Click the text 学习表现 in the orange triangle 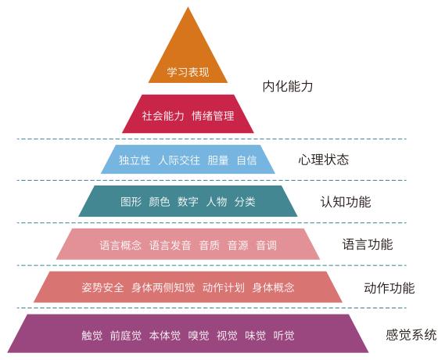tap(188, 72)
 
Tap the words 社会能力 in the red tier tap(163, 116)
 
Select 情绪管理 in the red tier tap(214, 116)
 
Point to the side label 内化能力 tap(288, 86)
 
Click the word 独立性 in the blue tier tap(135, 160)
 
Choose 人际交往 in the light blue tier tap(179, 160)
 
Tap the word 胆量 tap(218, 160)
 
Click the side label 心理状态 tap(324, 160)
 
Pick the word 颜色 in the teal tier tap(160, 202)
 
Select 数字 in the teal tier tap(188, 202)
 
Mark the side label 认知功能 tap(346, 202)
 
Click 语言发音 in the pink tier tap(170, 245)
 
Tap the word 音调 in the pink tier tap(266, 245)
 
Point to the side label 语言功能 tap(368, 244)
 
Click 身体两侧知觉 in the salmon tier tap(163, 287)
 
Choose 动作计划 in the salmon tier tap(224, 287)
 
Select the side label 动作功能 tap(389, 288)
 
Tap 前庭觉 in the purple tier tap(126, 336)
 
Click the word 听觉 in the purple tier tap(284, 336)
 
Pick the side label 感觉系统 tap(411, 335)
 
